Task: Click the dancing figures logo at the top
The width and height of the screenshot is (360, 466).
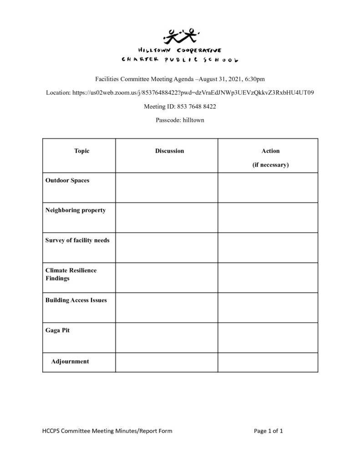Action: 180,35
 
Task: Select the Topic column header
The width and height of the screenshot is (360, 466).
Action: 82,151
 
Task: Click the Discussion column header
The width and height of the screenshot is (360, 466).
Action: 169,151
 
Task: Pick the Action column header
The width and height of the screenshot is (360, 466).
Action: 270,151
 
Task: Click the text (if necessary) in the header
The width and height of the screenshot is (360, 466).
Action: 270,165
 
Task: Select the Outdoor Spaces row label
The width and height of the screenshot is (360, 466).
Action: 67,181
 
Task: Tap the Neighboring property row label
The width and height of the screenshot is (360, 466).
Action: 76,210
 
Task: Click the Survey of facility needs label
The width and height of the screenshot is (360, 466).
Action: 77,240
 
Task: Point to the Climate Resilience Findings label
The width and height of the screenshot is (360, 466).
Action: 71,274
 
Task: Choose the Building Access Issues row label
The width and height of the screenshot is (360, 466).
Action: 76,300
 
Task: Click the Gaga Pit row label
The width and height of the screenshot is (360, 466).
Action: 57,330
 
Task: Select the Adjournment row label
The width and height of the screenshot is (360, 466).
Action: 70,362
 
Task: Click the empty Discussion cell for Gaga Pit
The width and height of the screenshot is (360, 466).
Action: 167,338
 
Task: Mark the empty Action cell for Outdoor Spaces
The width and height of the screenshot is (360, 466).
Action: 268,187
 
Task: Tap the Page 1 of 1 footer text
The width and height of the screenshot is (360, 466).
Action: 269,431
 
